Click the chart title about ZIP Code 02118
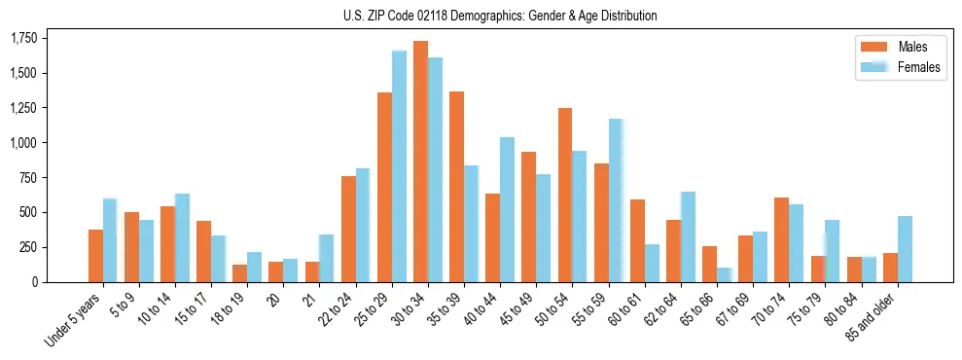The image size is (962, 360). tap(500, 16)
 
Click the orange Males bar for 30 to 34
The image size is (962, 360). tap(420, 162)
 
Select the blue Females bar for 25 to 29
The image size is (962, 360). tap(399, 166)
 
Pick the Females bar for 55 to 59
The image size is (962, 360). tap(616, 200)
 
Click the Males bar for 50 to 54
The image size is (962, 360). tap(565, 195)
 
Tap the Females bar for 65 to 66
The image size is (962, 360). tap(724, 274)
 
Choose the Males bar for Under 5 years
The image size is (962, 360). tap(95, 256)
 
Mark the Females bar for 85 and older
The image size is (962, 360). tap(905, 249)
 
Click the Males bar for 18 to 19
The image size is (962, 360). tap(239, 273)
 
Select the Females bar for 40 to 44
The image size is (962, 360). tap(507, 209)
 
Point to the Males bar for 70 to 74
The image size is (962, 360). tap(781, 239)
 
